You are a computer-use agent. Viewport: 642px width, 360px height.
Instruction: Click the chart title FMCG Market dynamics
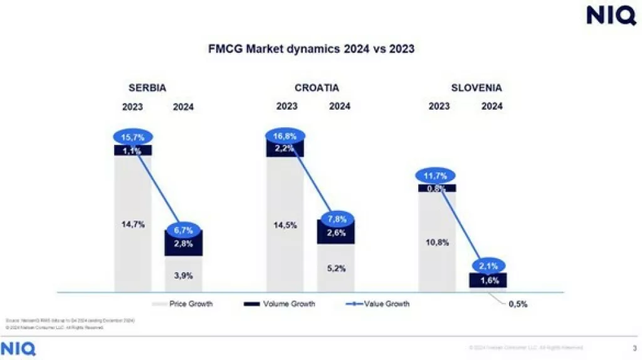(x=311, y=49)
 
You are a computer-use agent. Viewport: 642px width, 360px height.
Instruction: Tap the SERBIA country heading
(x=147, y=88)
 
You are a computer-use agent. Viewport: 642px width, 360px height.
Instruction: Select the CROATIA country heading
(x=317, y=88)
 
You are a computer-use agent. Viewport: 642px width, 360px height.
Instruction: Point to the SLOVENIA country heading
(x=476, y=88)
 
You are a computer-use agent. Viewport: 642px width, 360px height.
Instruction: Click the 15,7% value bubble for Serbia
(x=132, y=137)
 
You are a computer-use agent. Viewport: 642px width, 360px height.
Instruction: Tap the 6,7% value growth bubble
(x=183, y=230)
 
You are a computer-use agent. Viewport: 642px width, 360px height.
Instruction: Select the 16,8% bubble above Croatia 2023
(x=285, y=134)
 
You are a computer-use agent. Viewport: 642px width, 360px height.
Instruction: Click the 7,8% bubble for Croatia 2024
(x=337, y=220)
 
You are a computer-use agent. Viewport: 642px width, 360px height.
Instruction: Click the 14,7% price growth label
(x=133, y=224)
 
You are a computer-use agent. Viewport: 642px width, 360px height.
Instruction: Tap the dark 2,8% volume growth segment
(x=183, y=244)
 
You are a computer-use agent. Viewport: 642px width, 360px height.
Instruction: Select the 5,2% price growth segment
(x=336, y=268)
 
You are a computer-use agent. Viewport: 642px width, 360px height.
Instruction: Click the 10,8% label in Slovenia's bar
(x=438, y=242)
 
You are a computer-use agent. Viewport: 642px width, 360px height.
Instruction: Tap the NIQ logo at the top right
(x=611, y=15)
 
